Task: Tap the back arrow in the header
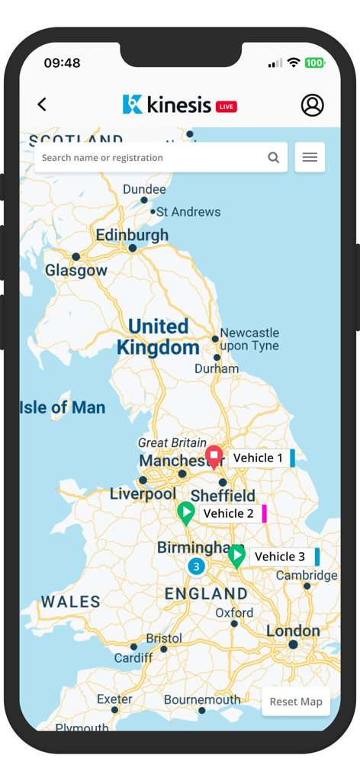pyautogui.click(x=42, y=104)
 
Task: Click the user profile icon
pyautogui.click(x=312, y=105)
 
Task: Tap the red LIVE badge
pyautogui.click(x=227, y=107)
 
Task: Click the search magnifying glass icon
pyautogui.click(x=273, y=158)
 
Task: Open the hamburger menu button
pyautogui.click(x=310, y=158)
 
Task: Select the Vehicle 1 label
pyautogui.click(x=258, y=458)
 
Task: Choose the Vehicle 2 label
pyautogui.click(x=229, y=513)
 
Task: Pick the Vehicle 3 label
pyautogui.click(x=279, y=557)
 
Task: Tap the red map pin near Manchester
pyautogui.click(x=214, y=456)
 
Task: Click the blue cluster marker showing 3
pyautogui.click(x=196, y=567)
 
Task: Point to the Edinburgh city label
pyautogui.click(x=132, y=236)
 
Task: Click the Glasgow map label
pyautogui.click(x=76, y=271)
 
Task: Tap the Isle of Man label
pyautogui.click(x=63, y=407)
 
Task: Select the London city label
pyautogui.click(x=293, y=632)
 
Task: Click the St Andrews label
pyautogui.click(x=188, y=212)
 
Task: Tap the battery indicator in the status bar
pyautogui.click(x=315, y=63)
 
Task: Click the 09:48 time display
pyautogui.click(x=62, y=63)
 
